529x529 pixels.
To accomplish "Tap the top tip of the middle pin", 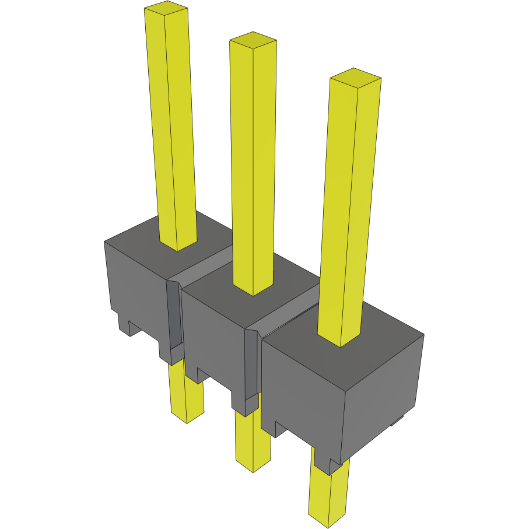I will coord(253,40).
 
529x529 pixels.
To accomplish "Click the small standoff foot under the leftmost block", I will coord(124,324).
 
